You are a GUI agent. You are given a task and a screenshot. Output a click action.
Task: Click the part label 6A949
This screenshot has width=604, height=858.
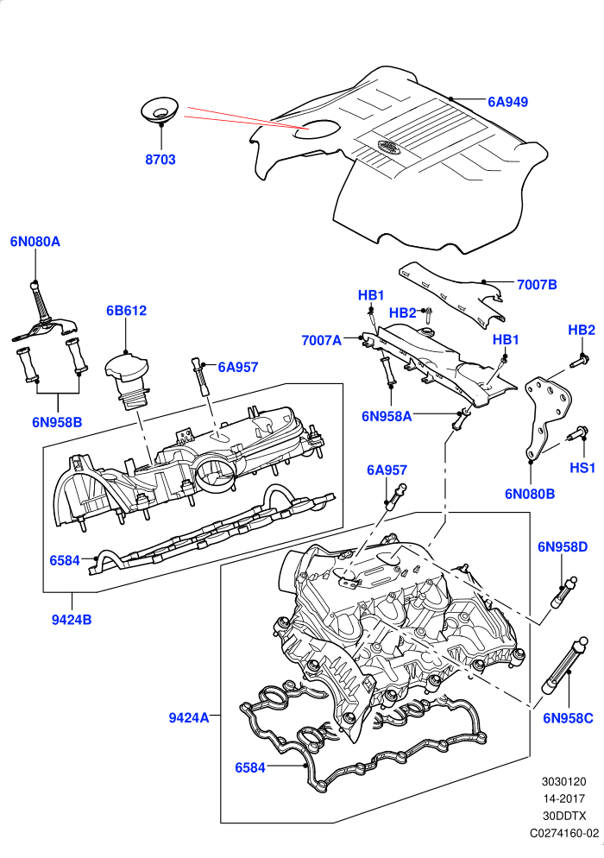pyautogui.click(x=507, y=103)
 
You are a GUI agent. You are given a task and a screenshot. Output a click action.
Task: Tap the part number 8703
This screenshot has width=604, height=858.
pyautogui.click(x=160, y=160)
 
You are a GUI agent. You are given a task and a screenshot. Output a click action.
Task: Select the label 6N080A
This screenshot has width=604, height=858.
pyautogui.click(x=35, y=242)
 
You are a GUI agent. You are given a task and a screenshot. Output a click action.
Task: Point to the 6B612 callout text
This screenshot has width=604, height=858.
pyautogui.click(x=126, y=311)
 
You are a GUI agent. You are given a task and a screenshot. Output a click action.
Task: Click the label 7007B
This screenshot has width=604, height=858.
pyautogui.click(x=537, y=285)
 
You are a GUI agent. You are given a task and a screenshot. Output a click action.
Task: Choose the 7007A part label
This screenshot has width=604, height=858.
pyautogui.click(x=321, y=341)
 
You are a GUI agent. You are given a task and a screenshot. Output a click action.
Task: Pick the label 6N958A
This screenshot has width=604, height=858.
pyautogui.click(x=387, y=416)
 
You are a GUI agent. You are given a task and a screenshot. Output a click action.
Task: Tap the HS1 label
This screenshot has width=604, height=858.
pyautogui.click(x=582, y=468)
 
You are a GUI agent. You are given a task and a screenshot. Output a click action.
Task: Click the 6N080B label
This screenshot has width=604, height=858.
pyautogui.click(x=530, y=494)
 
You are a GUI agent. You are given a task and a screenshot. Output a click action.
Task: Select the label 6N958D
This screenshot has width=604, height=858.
pyautogui.click(x=563, y=546)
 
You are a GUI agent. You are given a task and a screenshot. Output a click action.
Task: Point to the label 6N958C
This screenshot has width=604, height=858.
pyautogui.click(x=568, y=718)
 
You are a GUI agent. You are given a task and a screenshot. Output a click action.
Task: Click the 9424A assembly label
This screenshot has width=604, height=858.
pyautogui.click(x=189, y=718)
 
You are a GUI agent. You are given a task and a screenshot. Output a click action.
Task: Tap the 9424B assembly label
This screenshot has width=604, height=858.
pyautogui.click(x=72, y=620)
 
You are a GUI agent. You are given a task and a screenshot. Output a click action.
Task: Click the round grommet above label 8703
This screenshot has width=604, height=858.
pyautogui.click(x=160, y=111)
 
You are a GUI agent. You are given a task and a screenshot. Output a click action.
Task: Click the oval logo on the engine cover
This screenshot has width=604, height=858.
pyautogui.click(x=388, y=147)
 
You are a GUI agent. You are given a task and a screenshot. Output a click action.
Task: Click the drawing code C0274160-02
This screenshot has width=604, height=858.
pyautogui.click(x=564, y=833)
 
